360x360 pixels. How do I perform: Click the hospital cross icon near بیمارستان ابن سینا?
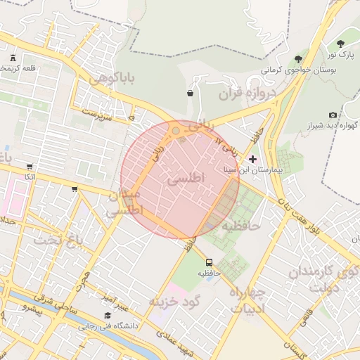253,160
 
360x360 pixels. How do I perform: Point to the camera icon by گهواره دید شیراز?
333,115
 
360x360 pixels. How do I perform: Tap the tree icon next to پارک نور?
342,44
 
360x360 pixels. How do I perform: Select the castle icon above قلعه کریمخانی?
13,58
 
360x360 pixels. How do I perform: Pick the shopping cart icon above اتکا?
29,167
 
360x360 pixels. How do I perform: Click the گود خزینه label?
175,301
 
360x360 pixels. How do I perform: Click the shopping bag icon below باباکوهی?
191,93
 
